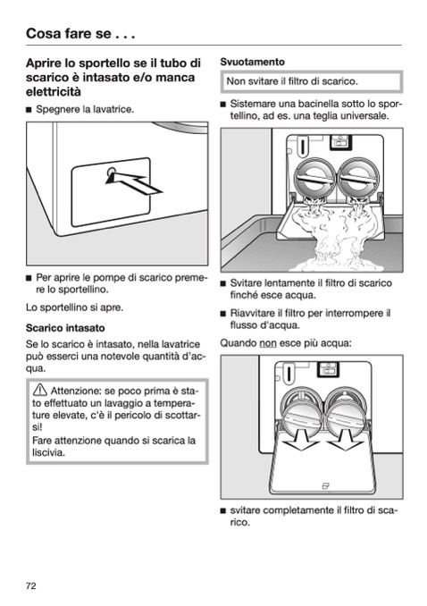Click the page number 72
click(x=31, y=586)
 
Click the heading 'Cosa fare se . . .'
click(x=80, y=34)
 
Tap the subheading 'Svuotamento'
click(x=252, y=62)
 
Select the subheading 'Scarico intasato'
click(x=65, y=328)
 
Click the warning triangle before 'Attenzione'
click(x=40, y=391)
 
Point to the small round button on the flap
click(x=112, y=172)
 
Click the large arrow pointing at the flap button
click(x=134, y=183)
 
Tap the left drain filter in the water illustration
click(x=315, y=179)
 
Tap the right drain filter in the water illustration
click(x=359, y=179)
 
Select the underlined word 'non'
click(x=268, y=343)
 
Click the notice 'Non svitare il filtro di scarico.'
click(x=292, y=81)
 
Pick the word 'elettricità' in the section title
click(x=54, y=92)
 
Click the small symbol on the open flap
click(x=326, y=485)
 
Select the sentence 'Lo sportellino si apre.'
click(x=74, y=307)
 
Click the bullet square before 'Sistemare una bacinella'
click(x=222, y=104)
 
